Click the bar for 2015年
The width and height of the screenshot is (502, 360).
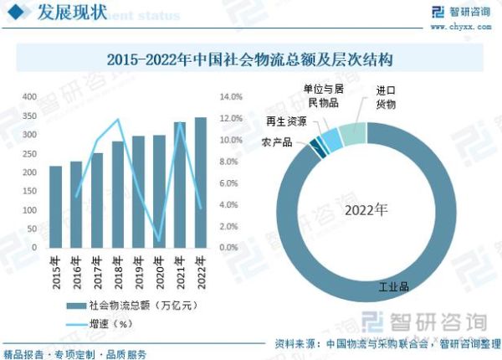(55, 207)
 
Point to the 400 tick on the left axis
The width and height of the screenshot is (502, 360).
(29, 97)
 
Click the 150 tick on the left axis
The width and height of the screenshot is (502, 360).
(29, 192)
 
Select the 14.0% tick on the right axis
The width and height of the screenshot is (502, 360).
(230, 97)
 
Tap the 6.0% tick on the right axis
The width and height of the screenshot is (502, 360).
(230, 183)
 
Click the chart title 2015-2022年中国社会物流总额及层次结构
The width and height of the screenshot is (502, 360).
(250, 61)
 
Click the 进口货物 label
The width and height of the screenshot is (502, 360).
(386, 98)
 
